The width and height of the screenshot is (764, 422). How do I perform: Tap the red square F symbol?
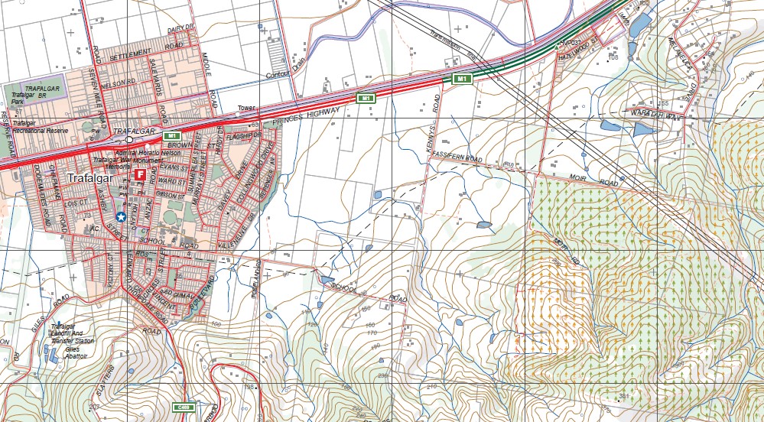140,175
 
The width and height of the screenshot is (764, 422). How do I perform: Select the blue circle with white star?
121,217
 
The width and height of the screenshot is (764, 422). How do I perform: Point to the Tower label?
245,108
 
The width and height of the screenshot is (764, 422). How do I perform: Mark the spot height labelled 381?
623,397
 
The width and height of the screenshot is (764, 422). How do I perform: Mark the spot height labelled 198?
249,387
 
